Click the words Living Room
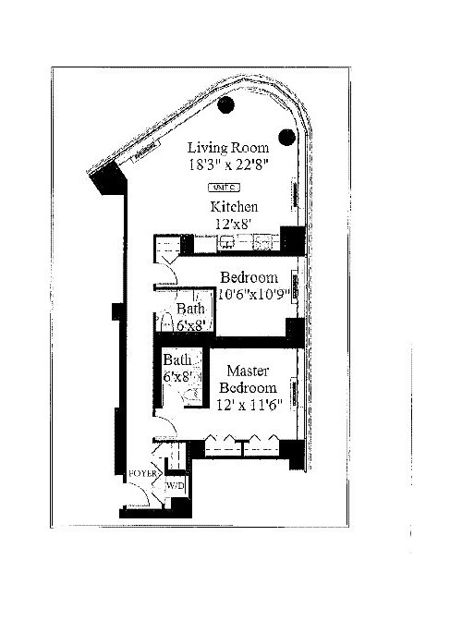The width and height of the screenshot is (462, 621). tap(228, 147)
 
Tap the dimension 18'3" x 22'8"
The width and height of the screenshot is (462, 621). tap(228, 166)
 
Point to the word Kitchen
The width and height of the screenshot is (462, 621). tap(232, 207)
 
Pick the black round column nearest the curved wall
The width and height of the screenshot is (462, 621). tap(286, 138)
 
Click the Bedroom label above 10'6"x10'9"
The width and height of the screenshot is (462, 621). tap(249, 277)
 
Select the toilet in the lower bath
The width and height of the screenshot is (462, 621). tap(192, 393)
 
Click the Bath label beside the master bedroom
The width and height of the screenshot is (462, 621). tap(176, 359)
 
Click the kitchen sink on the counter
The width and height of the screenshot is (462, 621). tap(227, 245)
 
